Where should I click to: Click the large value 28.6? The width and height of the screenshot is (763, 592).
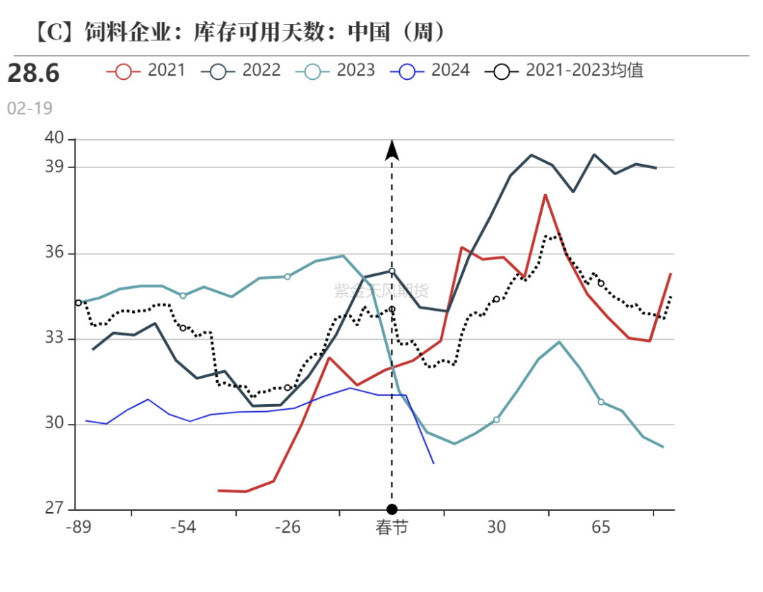tap(34, 73)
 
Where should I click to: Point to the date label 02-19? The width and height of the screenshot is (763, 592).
tap(30, 108)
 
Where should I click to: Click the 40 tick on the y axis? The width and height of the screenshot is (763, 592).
tap(55, 139)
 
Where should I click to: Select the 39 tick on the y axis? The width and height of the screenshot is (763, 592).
tap(55, 167)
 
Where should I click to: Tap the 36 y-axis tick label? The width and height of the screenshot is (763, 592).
tap(55, 253)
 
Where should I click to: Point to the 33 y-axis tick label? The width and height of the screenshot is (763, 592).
tap(55, 338)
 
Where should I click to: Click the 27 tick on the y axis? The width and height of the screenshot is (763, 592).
tap(55, 509)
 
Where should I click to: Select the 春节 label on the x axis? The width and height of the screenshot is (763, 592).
tap(391, 528)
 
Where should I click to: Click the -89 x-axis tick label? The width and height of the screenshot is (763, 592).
tap(78, 528)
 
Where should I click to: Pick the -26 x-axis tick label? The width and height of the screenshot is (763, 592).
tap(287, 528)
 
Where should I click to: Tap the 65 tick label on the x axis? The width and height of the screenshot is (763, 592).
tap(601, 528)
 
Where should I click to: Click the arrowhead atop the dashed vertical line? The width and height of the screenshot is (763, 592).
tap(392, 150)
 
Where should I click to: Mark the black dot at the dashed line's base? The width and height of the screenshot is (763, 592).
tap(392, 509)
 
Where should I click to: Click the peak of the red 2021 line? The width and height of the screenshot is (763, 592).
tap(545, 194)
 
